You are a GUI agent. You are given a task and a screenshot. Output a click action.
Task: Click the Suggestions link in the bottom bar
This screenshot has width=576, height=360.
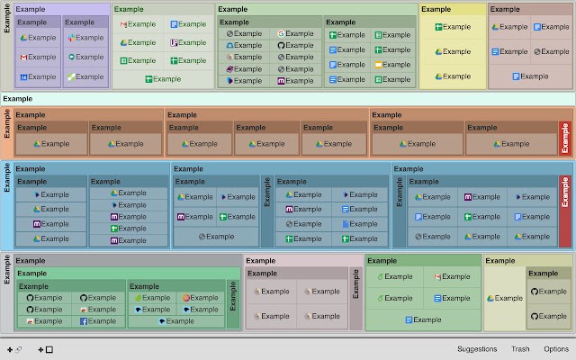477,349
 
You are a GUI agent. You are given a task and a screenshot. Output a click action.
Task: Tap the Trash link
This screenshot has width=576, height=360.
520,349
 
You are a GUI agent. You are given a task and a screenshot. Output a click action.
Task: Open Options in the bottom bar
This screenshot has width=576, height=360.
556,349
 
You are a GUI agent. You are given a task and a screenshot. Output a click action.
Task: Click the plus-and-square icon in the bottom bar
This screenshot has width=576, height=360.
46,350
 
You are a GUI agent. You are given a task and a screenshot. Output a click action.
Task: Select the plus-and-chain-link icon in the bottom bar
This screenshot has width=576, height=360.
14,350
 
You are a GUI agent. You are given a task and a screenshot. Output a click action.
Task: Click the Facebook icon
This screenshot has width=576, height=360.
84,321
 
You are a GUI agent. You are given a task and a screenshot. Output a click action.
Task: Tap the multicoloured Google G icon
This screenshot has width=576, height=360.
281,34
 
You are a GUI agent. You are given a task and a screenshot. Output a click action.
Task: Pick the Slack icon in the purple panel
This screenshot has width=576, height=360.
71,38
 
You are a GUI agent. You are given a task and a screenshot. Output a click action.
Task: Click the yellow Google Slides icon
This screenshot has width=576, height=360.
378,65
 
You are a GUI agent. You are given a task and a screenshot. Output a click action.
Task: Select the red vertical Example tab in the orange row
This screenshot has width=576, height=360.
565,139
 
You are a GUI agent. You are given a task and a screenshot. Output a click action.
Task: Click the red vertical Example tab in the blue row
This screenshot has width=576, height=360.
565,211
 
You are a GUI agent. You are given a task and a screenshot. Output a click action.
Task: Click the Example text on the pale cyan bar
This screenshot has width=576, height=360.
18,99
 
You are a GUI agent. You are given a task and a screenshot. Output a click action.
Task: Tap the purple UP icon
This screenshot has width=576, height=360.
174,42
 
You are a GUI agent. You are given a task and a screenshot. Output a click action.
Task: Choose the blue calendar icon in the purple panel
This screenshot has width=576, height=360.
23,77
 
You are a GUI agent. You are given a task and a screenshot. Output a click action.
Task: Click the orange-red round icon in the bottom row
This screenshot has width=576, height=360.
186,298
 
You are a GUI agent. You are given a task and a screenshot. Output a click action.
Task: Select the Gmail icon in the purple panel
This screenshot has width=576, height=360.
23,58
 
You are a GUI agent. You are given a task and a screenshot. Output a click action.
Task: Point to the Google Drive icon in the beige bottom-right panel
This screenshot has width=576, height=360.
490,298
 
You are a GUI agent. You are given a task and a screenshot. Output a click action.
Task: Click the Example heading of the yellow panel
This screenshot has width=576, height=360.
436,9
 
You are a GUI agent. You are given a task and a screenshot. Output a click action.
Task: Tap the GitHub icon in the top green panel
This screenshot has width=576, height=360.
281,46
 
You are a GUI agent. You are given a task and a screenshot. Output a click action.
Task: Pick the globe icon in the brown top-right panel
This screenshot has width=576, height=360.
537,52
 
